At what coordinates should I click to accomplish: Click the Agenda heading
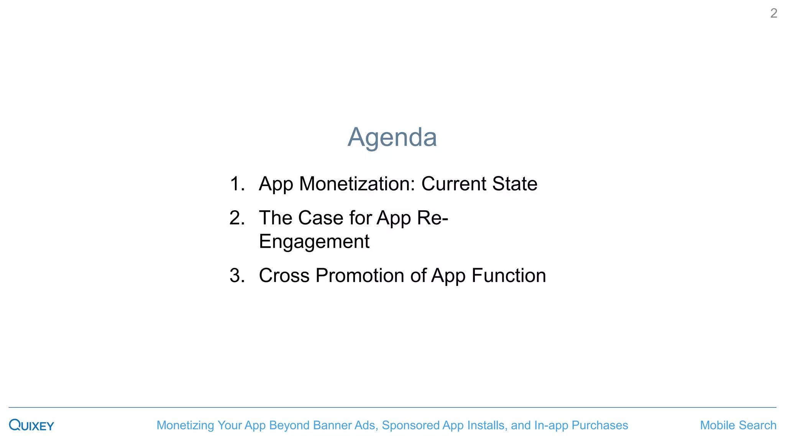coord(392,137)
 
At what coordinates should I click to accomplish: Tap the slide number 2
coord(774,13)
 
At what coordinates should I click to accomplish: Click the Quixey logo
coord(31,425)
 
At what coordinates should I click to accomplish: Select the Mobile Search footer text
coord(738,425)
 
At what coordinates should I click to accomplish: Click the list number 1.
coord(237,184)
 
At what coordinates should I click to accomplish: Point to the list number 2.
coord(237,218)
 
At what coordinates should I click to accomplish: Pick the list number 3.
coord(237,275)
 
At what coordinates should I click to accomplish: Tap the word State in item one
coord(514,184)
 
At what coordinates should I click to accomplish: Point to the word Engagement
coord(314,242)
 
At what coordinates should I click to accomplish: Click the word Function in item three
coord(509,275)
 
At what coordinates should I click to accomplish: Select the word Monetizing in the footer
coord(185,425)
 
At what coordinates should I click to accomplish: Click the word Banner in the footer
coord(330,425)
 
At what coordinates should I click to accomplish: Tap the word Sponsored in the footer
coord(411,425)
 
